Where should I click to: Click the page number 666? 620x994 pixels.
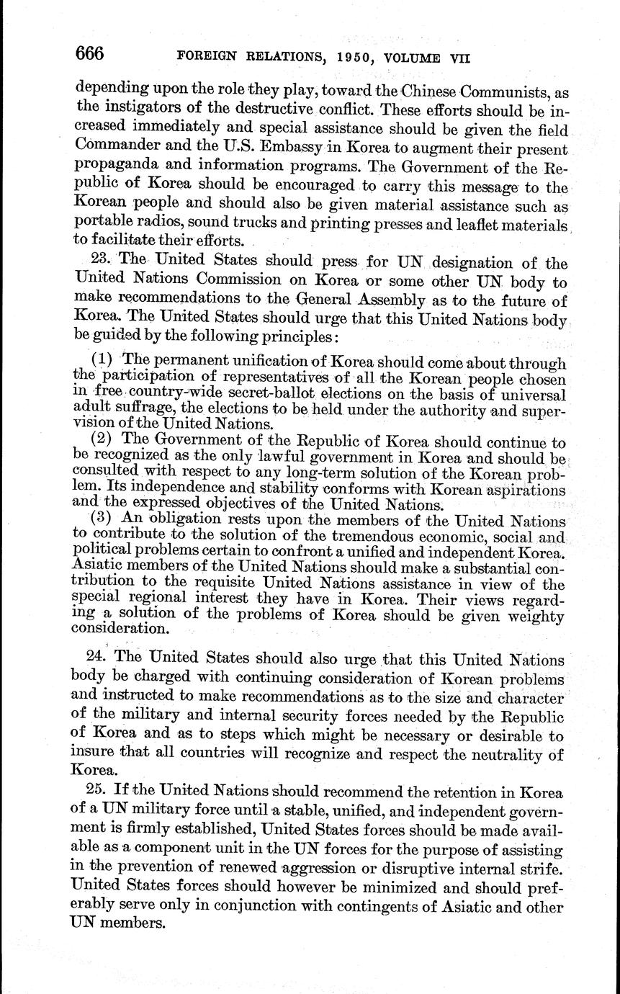pos(90,54)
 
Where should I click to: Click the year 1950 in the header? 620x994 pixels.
pos(354,58)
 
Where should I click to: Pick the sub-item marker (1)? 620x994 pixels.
pos(103,360)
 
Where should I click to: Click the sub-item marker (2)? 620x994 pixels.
pos(103,439)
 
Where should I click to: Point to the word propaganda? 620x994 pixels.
pos(116,169)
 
